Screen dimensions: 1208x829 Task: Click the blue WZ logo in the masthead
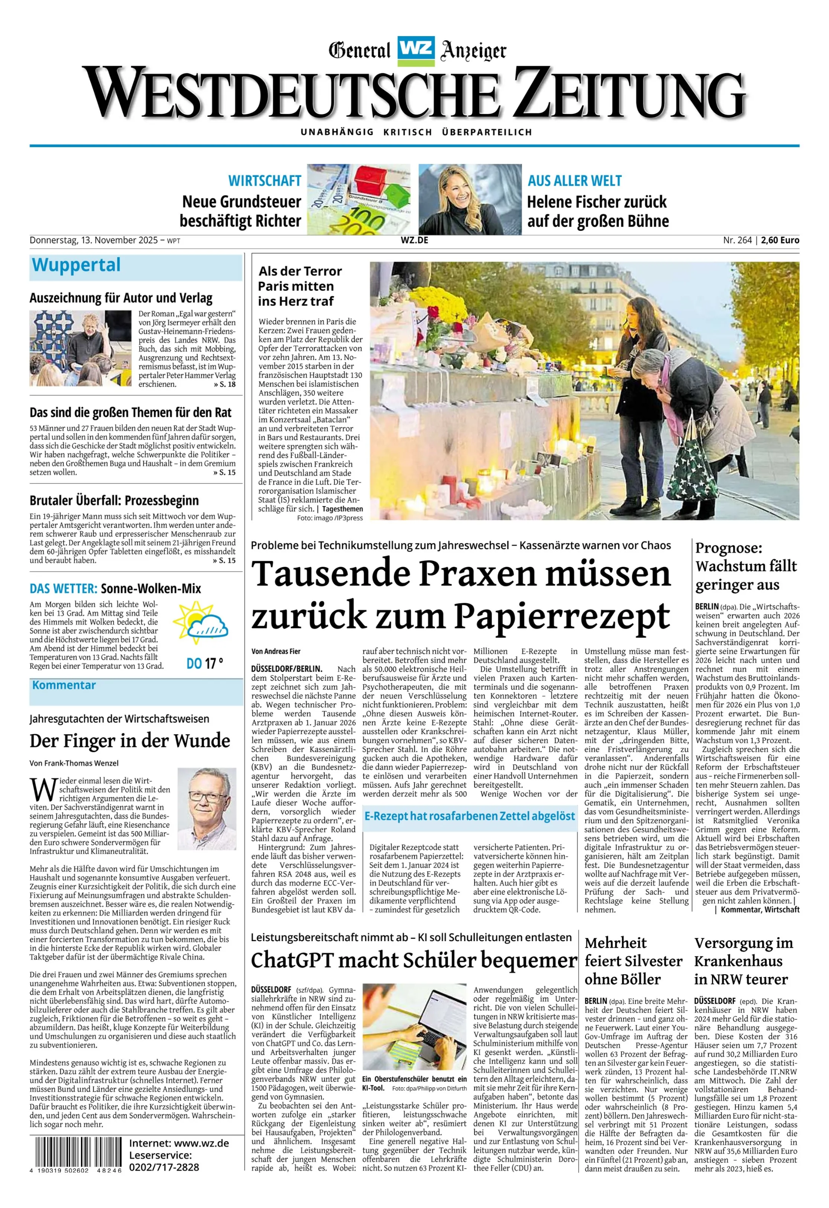click(x=415, y=51)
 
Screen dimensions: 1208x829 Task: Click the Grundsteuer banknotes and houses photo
click(x=358, y=200)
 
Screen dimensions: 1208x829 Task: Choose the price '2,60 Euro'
click(x=782, y=240)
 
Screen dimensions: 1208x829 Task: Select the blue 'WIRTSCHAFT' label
click(x=265, y=181)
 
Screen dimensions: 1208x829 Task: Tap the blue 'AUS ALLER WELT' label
click(x=574, y=181)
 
